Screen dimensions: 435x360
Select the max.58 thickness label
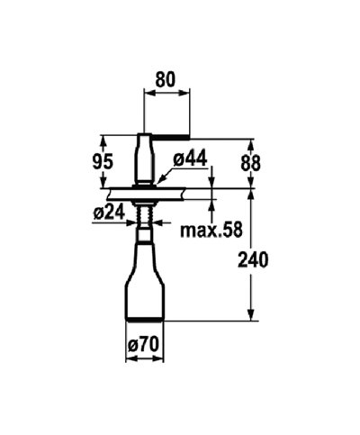click(x=210, y=230)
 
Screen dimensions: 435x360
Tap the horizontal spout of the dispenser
click(x=167, y=137)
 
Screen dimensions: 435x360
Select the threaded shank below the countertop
click(x=144, y=214)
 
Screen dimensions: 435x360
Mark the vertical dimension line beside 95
click(x=104, y=162)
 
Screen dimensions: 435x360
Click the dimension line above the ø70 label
click(x=145, y=354)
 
